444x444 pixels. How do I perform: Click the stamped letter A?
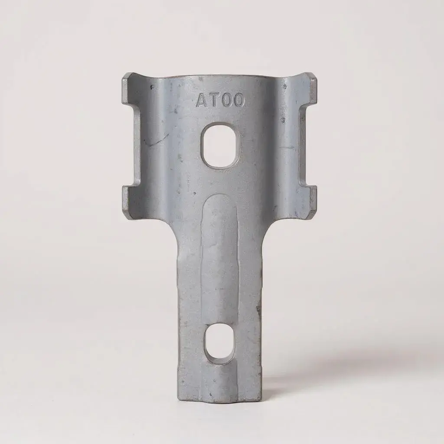tap(202, 101)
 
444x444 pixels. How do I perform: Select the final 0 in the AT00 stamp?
tap(237, 101)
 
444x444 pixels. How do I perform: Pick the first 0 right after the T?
tap(225, 101)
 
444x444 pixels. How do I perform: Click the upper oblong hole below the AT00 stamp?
tap(219, 145)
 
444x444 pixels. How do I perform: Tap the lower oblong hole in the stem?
tap(219, 343)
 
